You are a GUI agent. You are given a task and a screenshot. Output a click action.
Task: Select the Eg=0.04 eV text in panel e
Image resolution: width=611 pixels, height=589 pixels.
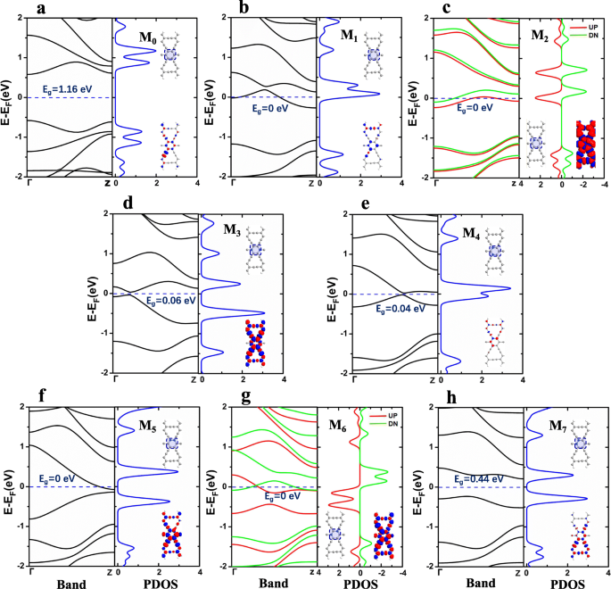click(x=401, y=309)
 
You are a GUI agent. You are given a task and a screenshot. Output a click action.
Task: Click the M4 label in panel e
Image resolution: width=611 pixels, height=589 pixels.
click(x=475, y=235)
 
